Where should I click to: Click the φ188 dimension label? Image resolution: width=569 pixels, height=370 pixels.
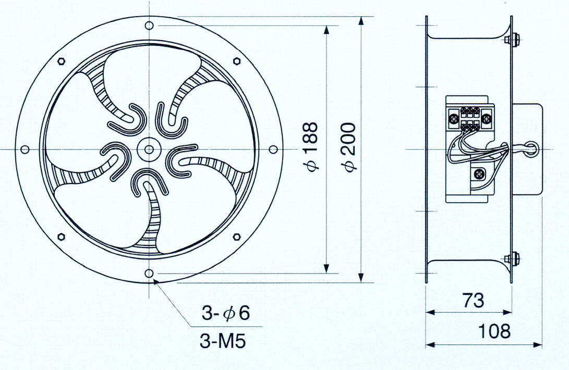point(311,147)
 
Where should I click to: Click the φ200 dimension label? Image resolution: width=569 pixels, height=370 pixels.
point(349,147)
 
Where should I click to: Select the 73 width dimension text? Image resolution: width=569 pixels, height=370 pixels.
point(473,300)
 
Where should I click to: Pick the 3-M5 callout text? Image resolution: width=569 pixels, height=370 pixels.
point(223,341)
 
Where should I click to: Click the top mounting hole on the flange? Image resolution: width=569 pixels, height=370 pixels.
point(149,26)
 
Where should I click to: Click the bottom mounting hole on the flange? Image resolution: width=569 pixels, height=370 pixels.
point(149,273)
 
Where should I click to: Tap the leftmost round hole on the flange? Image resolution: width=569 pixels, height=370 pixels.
point(25,150)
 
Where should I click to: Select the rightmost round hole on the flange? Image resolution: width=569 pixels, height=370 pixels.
point(273,150)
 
